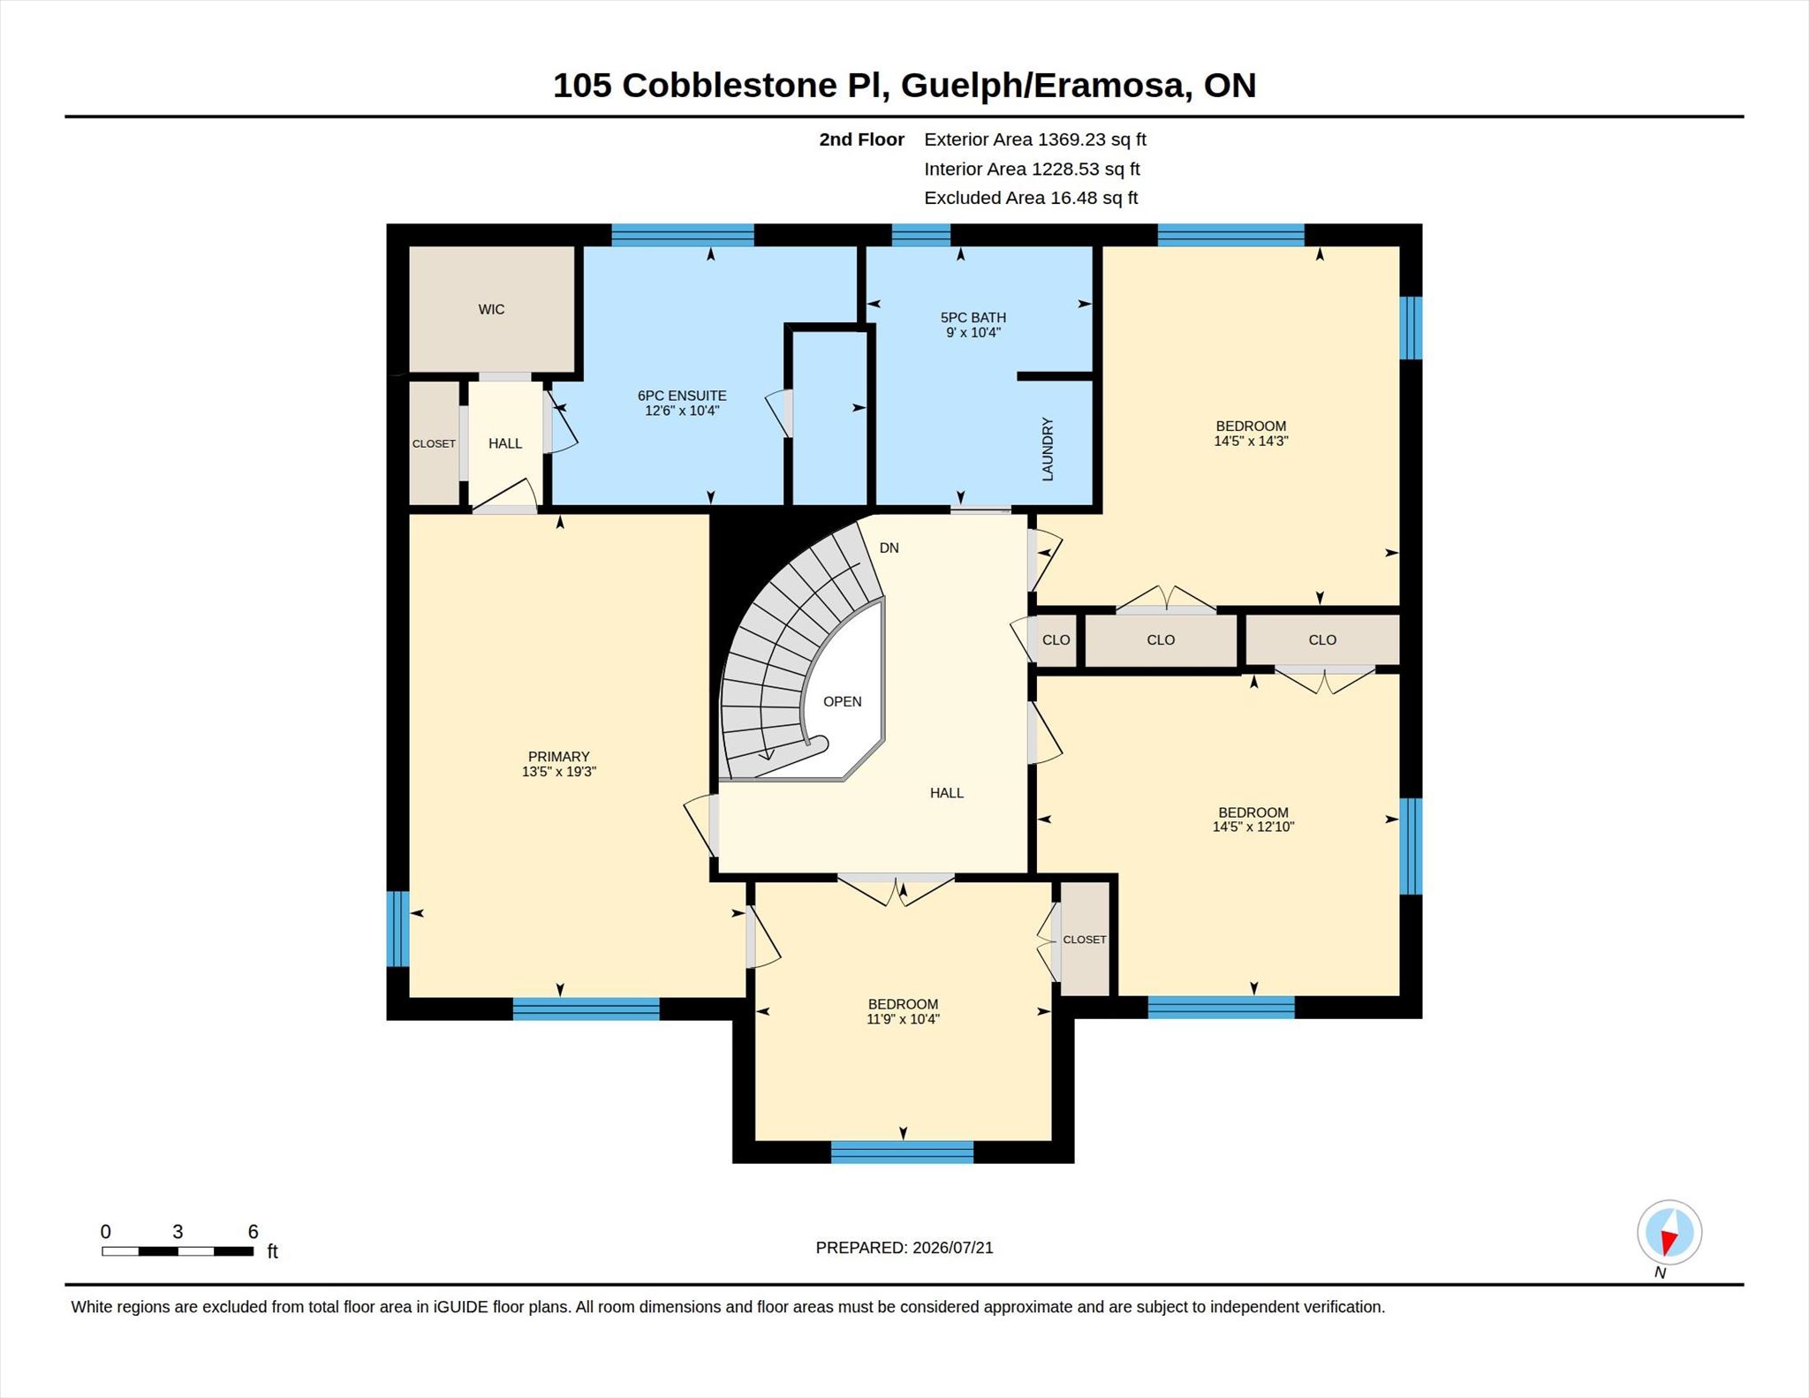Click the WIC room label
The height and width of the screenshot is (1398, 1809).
click(x=491, y=309)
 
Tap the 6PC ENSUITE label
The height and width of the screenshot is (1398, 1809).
click(x=682, y=396)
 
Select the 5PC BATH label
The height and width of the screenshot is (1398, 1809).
click(x=973, y=317)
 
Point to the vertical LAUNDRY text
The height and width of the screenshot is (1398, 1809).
click(x=1048, y=449)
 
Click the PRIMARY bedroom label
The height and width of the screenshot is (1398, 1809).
click(x=558, y=756)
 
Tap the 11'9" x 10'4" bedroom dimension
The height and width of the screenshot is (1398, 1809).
click(x=903, y=1019)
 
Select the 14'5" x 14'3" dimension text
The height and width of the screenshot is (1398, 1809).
click(x=1251, y=441)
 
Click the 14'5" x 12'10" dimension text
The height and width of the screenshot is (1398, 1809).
click(x=1253, y=827)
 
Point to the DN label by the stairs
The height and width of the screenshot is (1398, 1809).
click(x=889, y=548)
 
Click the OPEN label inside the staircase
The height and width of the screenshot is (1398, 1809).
click(x=842, y=701)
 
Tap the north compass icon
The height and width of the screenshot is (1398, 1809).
click(x=1669, y=1232)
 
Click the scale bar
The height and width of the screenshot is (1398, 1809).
click(x=178, y=1251)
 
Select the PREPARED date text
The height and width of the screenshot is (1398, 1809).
click(x=904, y=1247)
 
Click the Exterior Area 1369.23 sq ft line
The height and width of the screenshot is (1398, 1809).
click(x=1035, y=140)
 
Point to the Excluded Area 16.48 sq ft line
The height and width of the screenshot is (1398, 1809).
click(x=1031, y=198)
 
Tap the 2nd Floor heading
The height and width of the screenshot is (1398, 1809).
click(x=861, y=140)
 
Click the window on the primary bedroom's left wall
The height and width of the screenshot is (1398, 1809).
click(x=399, y=929)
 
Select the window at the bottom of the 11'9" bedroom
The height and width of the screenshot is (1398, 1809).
click(x=902, y=1152)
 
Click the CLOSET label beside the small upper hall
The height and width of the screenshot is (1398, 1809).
click(x=434, y=443)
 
